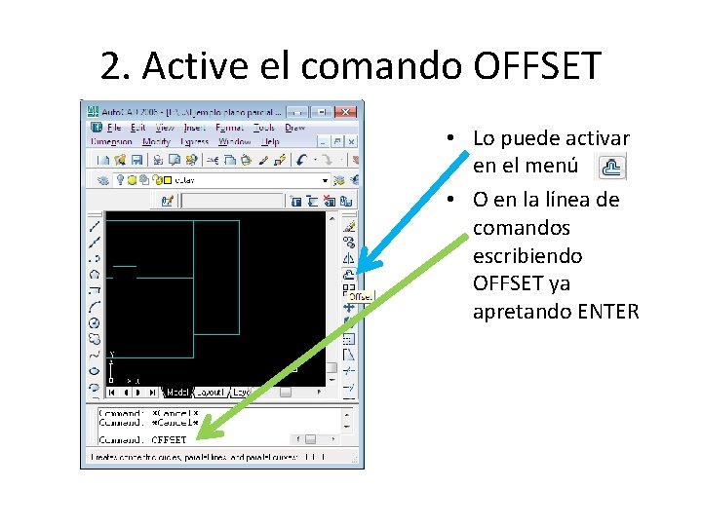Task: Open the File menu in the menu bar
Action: (114, 128)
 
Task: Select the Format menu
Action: (230, 128)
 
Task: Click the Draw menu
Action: (293, 128)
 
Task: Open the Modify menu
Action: (156, 141)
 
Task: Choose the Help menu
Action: (268, 141)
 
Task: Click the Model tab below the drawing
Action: (176, 393)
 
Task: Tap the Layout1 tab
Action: (210, 393)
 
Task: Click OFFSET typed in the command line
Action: (169, 439)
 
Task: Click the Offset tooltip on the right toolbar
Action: (361, 295)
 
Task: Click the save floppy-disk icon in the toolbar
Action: (137, 159)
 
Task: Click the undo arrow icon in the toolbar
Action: (303, 159)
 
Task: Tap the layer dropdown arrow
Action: (326, 180)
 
